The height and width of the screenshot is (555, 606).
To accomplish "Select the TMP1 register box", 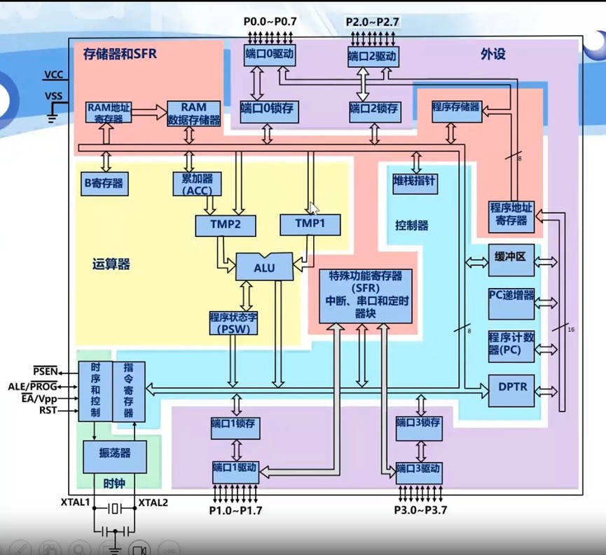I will [x=310, y=224].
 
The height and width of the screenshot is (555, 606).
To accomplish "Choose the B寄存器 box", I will [x=104, y=184].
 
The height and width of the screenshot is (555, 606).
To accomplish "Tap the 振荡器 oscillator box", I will [x=116, y=457].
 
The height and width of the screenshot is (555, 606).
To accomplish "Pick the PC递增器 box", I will [x=511, y=299].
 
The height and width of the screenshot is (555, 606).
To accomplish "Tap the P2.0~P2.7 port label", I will [x=373, y=22].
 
